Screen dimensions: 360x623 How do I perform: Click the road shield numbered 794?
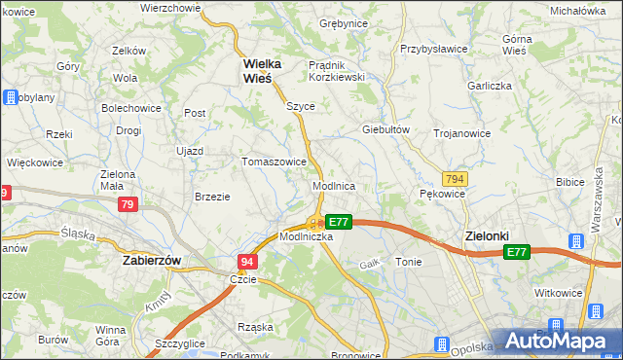pos(454,180)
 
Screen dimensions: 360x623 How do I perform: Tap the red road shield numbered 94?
pos(247,263)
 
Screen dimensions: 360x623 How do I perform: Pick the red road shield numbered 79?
pos(127,204)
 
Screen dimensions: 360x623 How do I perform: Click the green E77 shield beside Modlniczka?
pos(338,222)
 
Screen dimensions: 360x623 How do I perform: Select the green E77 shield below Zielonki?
pos(517,253)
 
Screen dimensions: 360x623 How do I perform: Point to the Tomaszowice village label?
pos(275,162)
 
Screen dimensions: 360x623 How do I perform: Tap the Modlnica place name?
pos(333,185)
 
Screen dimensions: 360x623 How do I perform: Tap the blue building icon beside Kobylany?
pos(11,97)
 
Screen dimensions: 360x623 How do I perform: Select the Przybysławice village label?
pos(435,48)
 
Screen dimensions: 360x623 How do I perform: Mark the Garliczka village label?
pos(489,85)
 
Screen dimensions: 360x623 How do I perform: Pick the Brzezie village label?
pos(212,196)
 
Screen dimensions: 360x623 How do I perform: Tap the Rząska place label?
pos(255,327)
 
